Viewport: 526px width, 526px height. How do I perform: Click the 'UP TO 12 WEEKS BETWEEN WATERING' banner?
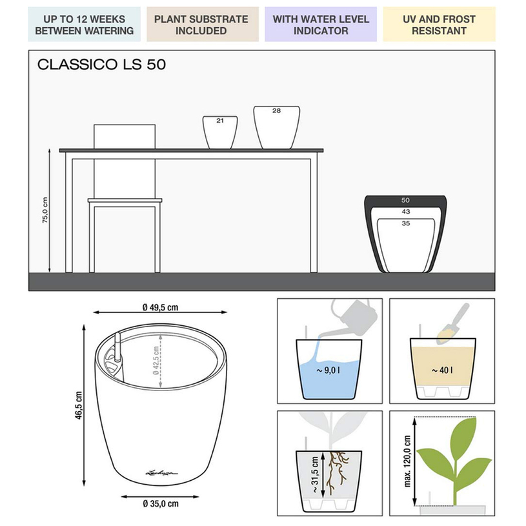pyautogui.click(x=84, y=25)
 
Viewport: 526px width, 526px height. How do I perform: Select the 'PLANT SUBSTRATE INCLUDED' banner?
pyautogui.click(x=203, y=25)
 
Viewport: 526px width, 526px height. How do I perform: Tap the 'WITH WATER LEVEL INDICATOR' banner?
pyautogui.click(x=321, y=25)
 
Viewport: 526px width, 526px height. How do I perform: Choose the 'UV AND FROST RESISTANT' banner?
pyautogui.click(x=439, y=25)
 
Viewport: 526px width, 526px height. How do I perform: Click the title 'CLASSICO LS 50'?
pyautogui.click(x=101, y=65)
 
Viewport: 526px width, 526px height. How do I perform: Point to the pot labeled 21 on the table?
pyautogui.click(x=220, y=132)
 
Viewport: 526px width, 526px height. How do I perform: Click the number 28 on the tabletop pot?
pyautogui.click(x=276, y=111)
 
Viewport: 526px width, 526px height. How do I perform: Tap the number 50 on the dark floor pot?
pyautogui.click(x=405, y=200)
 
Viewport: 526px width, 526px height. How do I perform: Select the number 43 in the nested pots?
pyautogui.click(x=406, y=212)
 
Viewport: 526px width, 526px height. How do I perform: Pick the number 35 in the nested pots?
pyautogui.click(x=406, y=223)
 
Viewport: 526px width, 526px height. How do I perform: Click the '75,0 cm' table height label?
pyautogui.click(x=45, y=210)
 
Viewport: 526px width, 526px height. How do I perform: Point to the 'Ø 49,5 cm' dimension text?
pyautogui.click(x=160, y=307)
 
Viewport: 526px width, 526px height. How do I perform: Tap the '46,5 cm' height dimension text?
pyautogui.click(x=79, y=405)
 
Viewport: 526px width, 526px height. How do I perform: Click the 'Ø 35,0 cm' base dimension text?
pyautogui.click(x=161, y=503)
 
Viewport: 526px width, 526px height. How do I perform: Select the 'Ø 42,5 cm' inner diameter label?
pyautogui.click(x=156, y=361)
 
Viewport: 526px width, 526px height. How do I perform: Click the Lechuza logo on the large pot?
pyautogui.click(x=162, y=473)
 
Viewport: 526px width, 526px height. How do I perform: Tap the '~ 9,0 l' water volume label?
pyautogui.click(x=328, y=370)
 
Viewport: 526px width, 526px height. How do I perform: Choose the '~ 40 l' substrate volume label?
pyautogui.click(x=442, y=370)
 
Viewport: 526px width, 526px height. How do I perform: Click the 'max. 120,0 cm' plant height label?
pyautogui.click(x=408, y=461)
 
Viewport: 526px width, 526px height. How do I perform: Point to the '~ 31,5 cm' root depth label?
pyautogui.click(x=315, y=474)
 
